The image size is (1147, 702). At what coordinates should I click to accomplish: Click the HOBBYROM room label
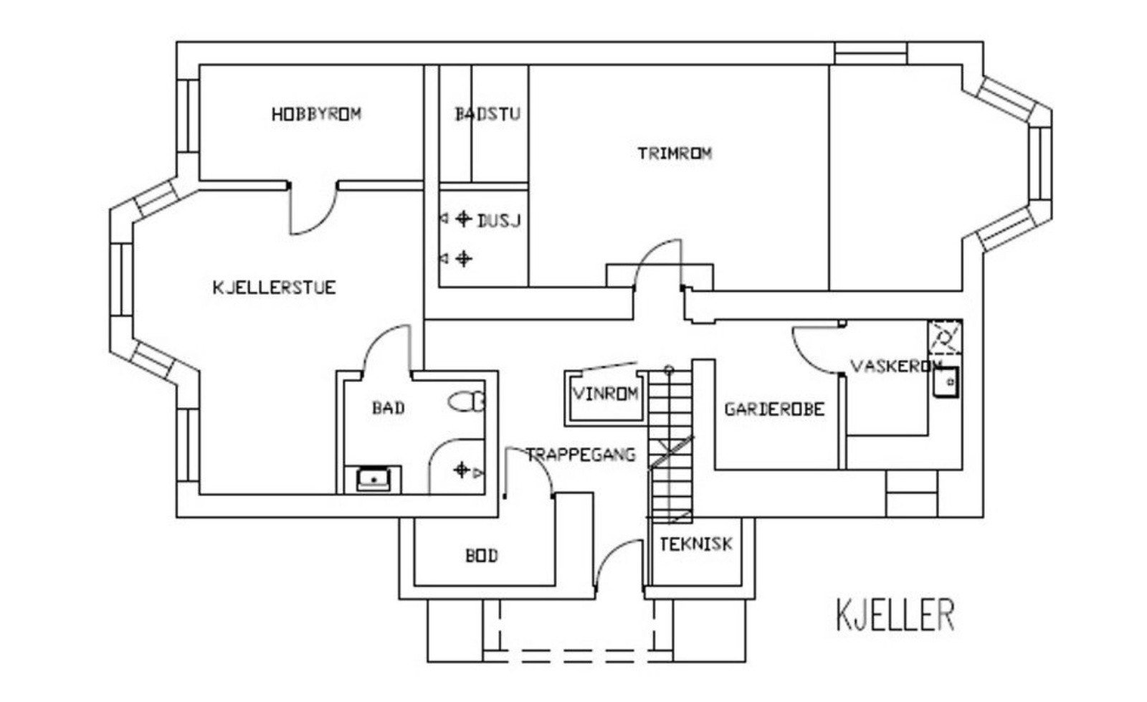pyautogui.click(x=316, y=114)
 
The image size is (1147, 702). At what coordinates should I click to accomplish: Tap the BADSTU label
pyautogui.click(x=487, y=114)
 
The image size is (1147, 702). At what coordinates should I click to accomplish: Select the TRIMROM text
pyautogui.click(x=675, y=153)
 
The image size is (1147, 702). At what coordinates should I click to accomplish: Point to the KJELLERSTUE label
pyautogui.click(x=275, y=288)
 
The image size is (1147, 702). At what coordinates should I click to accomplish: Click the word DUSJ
pyautogui.click(x=499, y=221)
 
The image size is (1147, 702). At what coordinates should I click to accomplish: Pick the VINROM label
pyautogui.click(x=605, y=394)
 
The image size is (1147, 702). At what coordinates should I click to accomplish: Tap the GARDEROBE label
pyautogui.click(x=775, y=409)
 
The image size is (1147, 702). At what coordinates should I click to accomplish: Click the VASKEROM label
pyautogui.click(x=896, y=366)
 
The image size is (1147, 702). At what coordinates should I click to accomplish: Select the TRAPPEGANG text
pyautogui.click(x=581, y=455)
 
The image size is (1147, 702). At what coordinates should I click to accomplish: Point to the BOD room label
pyautogui.click(x=481, y=556)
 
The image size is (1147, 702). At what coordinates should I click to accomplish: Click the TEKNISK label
pyautogui.click(x=696, y=544)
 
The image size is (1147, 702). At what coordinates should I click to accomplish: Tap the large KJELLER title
pyautogui.click(x=895, y=615)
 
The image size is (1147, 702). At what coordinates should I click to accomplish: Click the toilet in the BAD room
pyautogui.click(x=467, y=402)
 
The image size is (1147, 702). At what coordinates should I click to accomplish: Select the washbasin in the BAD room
pyautogui.click(x=373, y=479)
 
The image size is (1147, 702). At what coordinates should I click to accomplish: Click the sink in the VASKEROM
pyautogui.click(x=946, y=382)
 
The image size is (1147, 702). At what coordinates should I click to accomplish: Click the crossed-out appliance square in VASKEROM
pyautogui.click(x=946, y=337)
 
